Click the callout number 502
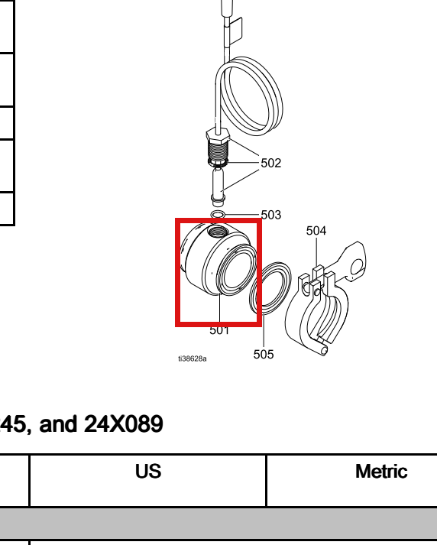point(271,163)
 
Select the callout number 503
point(271,215)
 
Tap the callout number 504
point(316,230)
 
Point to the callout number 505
point(264,354)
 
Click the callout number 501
point(219,330)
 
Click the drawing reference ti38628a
point(193,358)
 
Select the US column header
point(148,472)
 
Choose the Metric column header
point(381,472)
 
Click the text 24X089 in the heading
point(124,423)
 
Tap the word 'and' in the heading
point(58,423)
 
